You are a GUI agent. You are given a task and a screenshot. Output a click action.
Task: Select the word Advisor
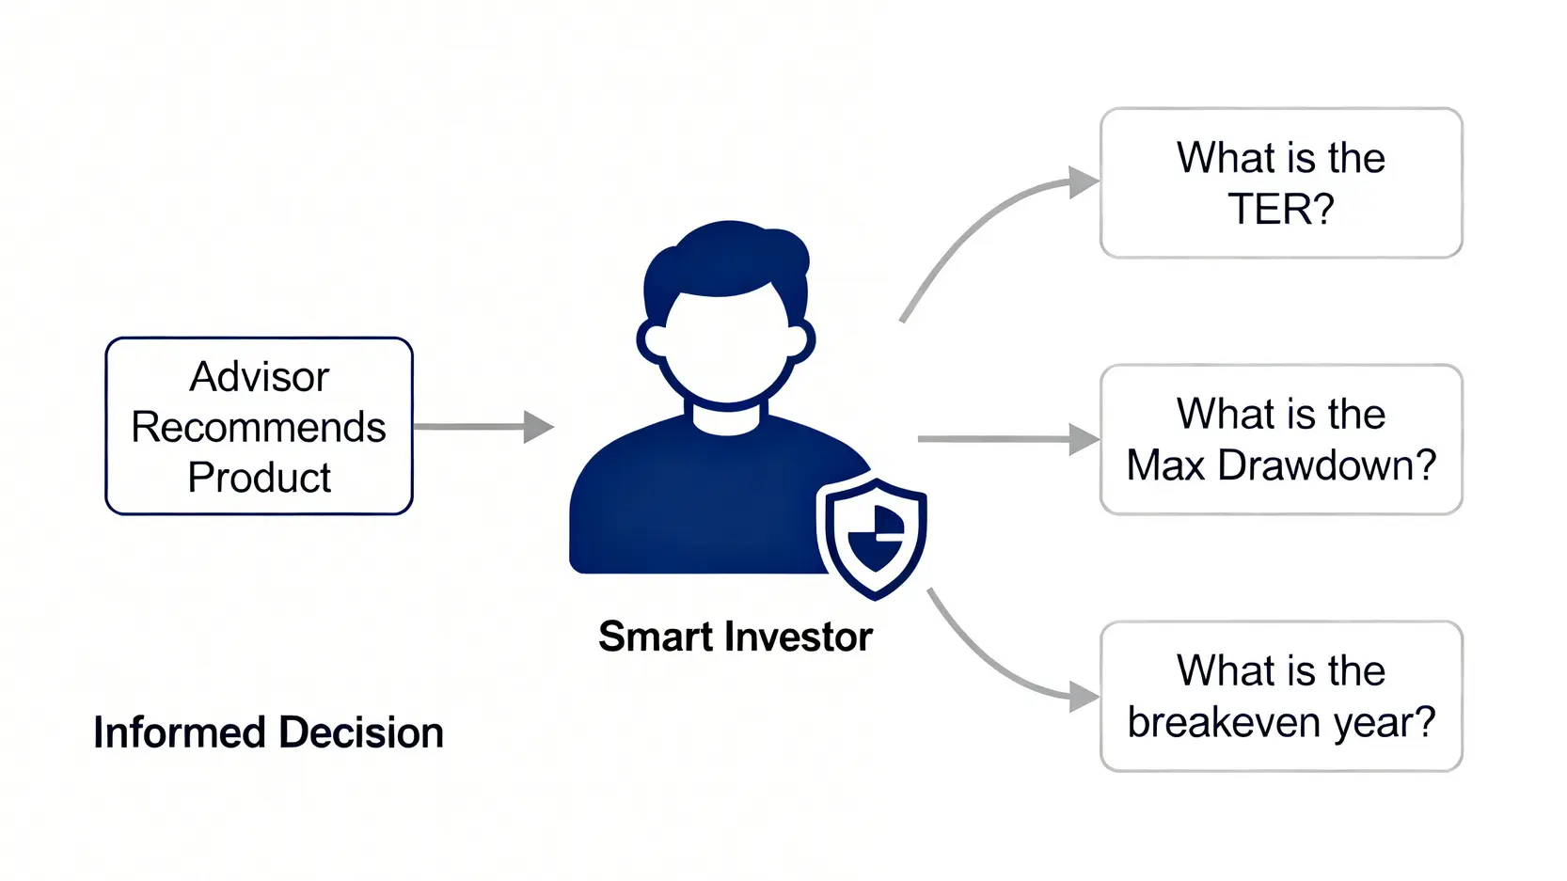pos(259,377)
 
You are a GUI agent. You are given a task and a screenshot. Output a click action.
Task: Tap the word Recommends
pos(259,427)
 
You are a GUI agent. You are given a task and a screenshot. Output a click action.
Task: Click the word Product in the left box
pos(259,478)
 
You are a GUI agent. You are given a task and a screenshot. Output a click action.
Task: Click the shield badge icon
pos(875,537)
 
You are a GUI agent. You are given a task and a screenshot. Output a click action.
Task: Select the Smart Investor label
pos(735,637)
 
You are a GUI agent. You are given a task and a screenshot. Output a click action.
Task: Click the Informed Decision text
pos(268,732)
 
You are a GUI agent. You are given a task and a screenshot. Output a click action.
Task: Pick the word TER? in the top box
pos(1280,209)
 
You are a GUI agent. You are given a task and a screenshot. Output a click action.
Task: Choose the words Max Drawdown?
pos(1281,465)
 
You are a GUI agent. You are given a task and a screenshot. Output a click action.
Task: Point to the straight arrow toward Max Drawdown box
pos(1006,438)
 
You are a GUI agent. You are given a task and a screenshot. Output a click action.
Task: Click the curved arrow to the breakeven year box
pos(997,668)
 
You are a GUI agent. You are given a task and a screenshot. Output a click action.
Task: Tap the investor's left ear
pos(651,341)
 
